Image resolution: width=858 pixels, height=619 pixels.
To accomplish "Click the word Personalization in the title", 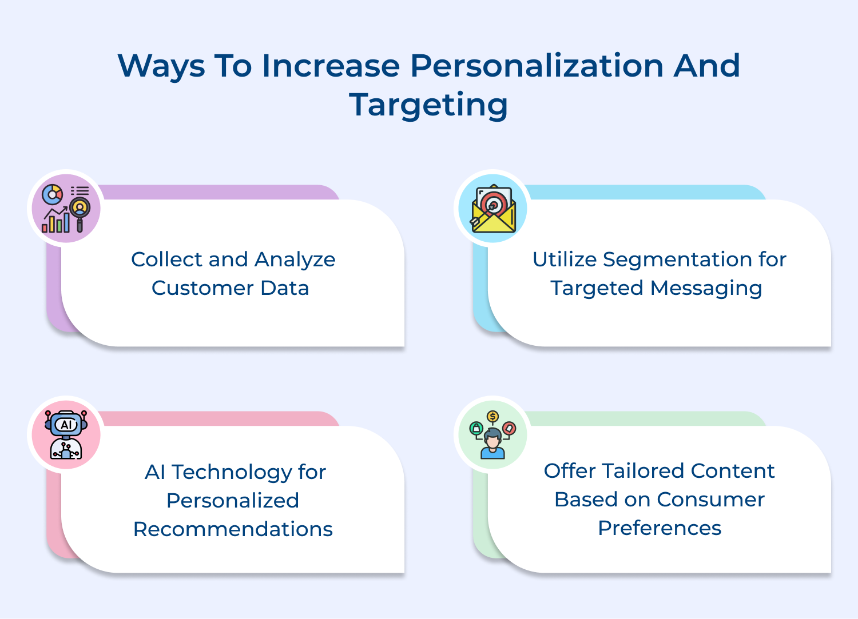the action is click(x=537, y=66).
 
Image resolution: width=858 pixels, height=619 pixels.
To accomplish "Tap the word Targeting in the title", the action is click(x=428, y=105).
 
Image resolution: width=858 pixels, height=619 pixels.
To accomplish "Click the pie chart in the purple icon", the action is click(x=53, y=194).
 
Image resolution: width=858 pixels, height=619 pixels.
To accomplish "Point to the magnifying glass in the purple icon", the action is click(x=80, y=214).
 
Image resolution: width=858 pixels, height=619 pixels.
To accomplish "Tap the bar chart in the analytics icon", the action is click(x=56, y=222).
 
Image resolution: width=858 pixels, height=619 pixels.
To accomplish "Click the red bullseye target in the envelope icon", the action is click(x=493, y=205).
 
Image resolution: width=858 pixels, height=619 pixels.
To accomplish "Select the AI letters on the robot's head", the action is click(x=66, y=425).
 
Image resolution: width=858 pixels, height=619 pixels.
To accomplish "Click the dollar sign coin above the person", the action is click(x=492, y=416).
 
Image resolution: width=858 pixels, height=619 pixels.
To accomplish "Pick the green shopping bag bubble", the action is click(x=476, y=428).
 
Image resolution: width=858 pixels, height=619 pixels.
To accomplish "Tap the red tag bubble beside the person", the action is click(x=510, y=428).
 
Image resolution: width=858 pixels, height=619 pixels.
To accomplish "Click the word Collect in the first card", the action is click(x=166, y=259).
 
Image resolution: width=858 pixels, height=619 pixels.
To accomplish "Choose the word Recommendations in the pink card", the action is click(x=233, y=529).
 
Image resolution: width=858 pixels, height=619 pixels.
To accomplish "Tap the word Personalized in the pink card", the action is click(x=233, y=501).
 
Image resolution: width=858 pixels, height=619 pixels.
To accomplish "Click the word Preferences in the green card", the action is click(x=660, y=528).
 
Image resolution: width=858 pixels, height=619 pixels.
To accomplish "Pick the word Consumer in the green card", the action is click(x=711, y=500).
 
